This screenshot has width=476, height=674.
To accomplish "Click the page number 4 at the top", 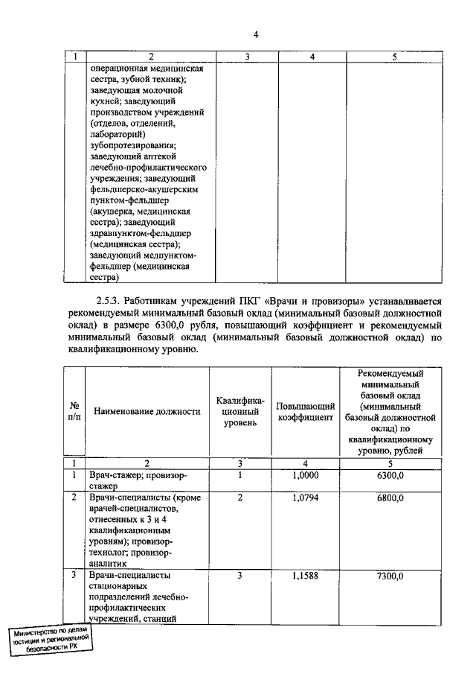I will point(255,35).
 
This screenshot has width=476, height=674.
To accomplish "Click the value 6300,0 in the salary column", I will point(390,474).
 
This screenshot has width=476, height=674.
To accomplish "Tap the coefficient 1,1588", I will point(306,576).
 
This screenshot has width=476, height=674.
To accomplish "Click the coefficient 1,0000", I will point(306,474).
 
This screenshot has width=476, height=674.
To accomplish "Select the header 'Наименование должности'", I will point(147,411).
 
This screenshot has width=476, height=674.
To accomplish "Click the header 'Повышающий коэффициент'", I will point(306,411).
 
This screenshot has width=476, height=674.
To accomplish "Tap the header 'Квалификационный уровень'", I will point(240,411).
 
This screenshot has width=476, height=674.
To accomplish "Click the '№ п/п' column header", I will point(74,411).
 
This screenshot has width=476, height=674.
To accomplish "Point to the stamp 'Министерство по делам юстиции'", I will point(50,639).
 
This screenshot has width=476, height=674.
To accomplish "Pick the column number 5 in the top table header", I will point(394,57).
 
